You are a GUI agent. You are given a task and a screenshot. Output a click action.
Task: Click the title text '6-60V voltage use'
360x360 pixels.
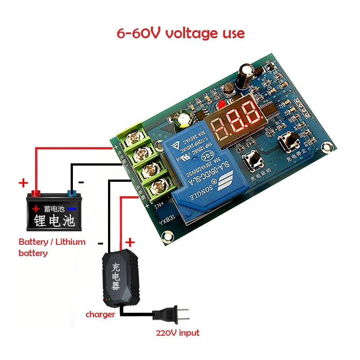tap(180, 33)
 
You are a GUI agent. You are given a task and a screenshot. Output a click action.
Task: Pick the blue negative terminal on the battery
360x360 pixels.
tap(71, 194)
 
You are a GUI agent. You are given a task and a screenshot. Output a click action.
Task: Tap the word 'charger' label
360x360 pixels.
tap(100, 315)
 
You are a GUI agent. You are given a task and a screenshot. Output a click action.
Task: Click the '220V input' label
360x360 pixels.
tap(177, 333)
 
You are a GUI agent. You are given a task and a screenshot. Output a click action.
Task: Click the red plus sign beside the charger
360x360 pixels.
tap(130, 242)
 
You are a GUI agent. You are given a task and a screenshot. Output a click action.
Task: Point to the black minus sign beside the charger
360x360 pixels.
tap(100, 243)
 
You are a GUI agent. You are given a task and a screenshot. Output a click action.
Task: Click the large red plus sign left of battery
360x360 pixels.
tap(23, 183)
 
